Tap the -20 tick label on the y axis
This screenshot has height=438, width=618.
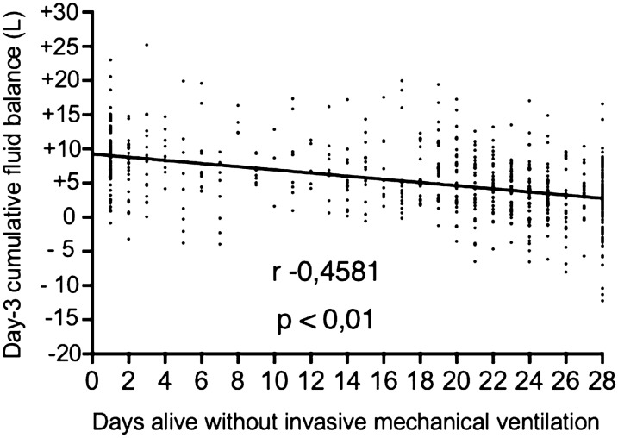point(64,354)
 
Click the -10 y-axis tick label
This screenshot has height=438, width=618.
point(64,285)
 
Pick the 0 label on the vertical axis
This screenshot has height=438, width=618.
point(72,216)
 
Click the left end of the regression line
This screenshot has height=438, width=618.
point(92,154)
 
